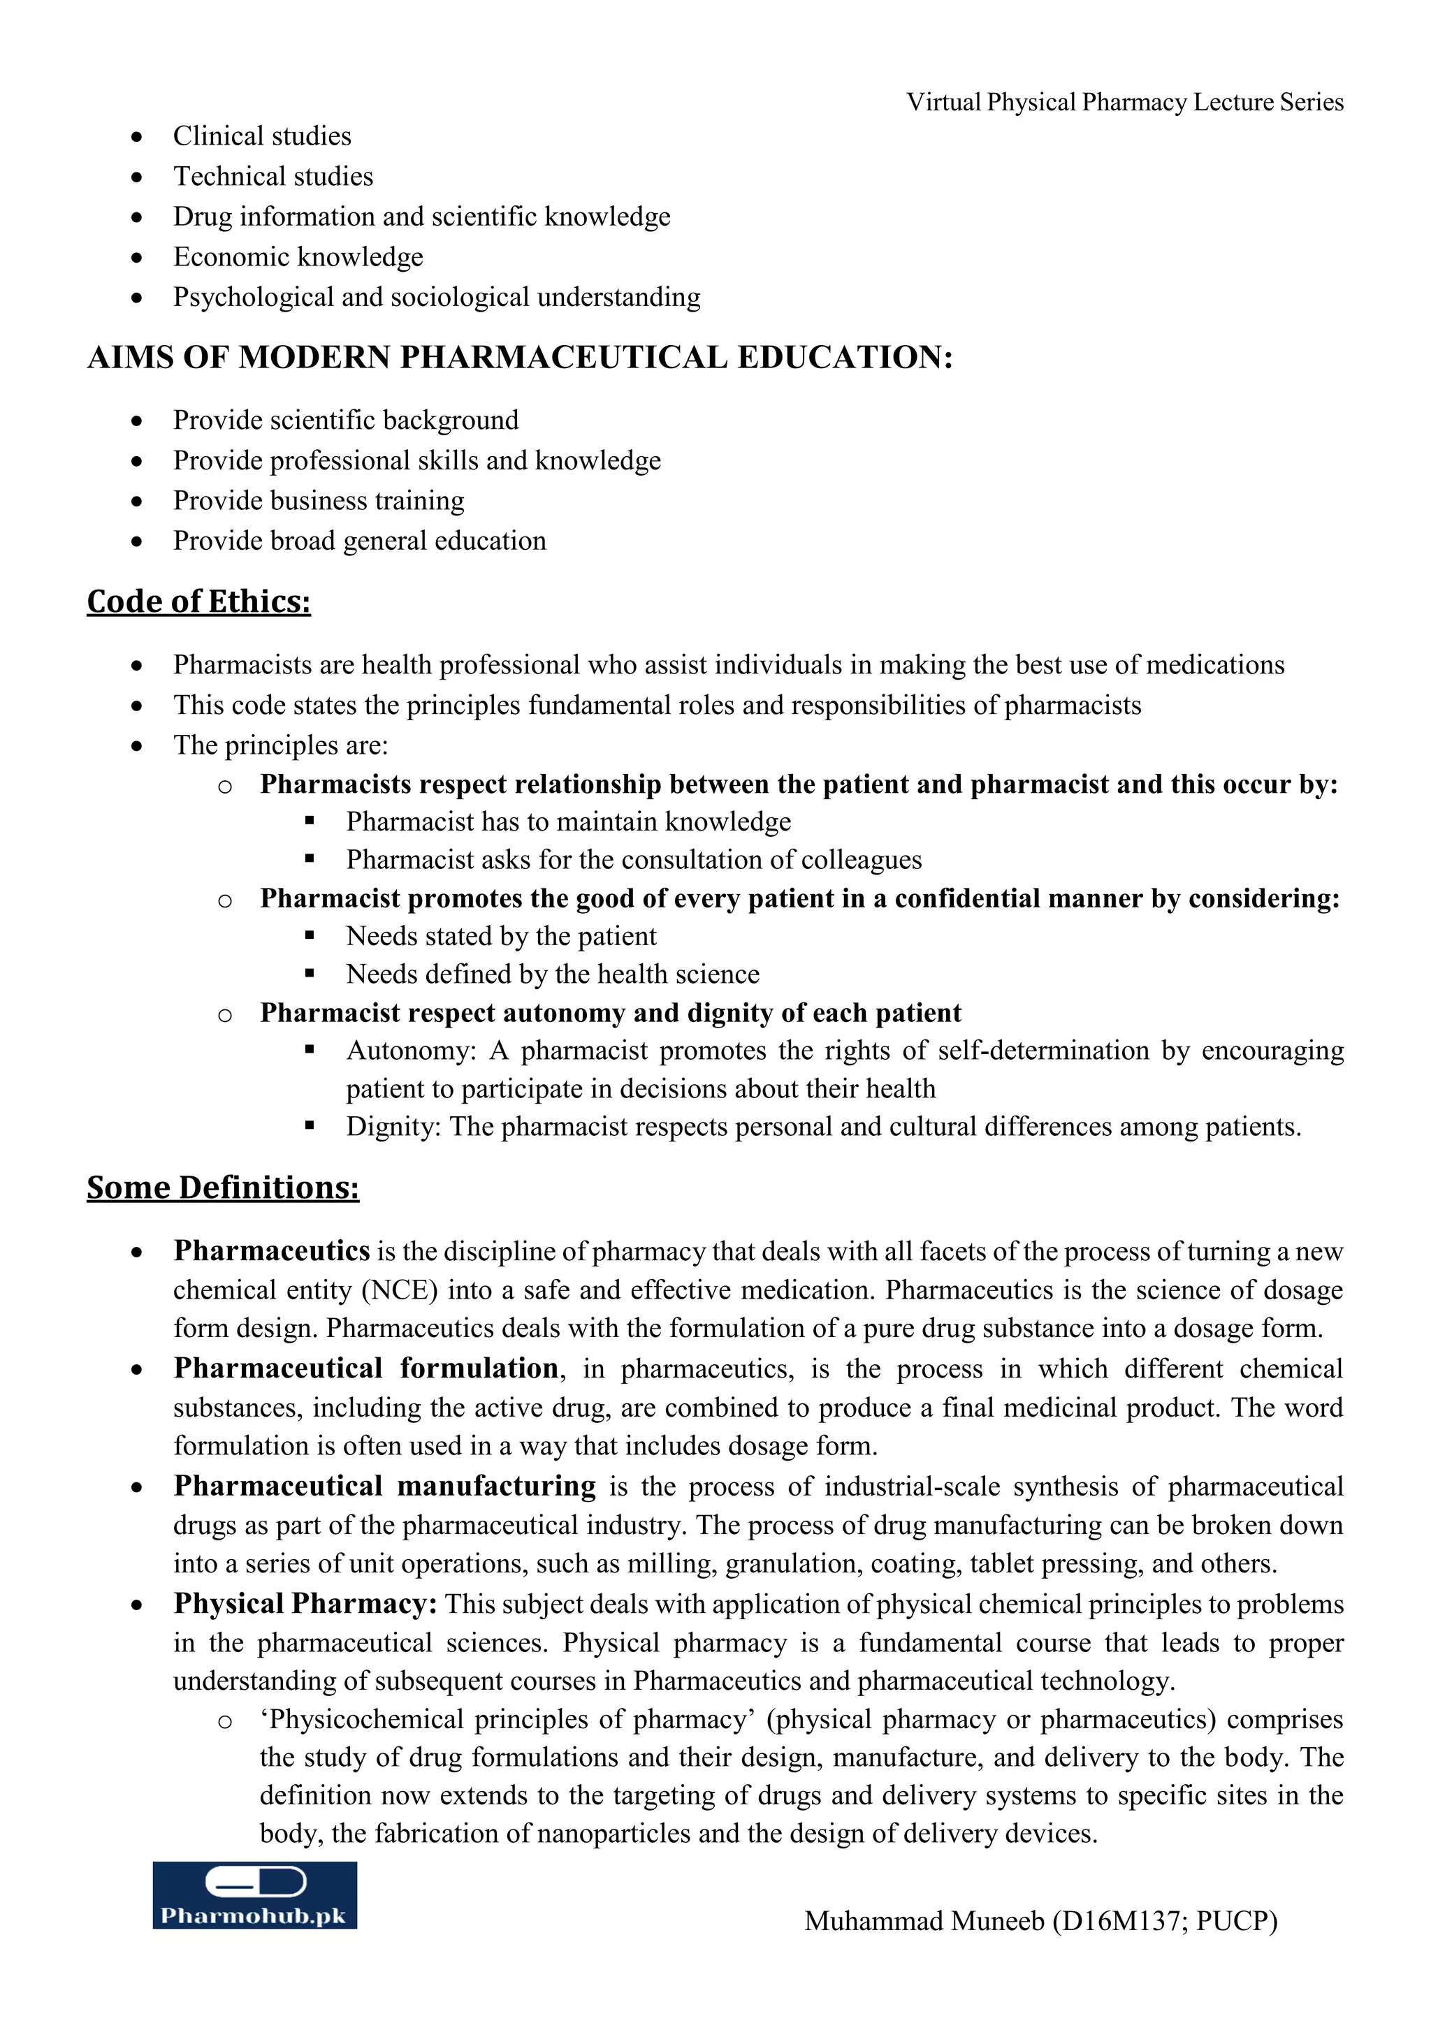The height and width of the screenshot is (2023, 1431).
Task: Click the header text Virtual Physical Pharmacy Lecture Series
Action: (1124, 102)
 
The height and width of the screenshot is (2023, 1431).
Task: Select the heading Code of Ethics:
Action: (198, 601)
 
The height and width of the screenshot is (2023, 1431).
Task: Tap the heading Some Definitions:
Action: (222, 1187)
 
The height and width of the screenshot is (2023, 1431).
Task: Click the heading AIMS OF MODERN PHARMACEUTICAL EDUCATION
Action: (519, 358)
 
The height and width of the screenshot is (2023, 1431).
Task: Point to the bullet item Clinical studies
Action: (262, 136)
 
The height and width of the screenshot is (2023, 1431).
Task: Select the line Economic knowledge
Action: (298, 256)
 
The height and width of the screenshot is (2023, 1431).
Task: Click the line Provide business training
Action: (318, 500)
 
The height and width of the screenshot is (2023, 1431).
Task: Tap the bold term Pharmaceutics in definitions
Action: (271, 1250)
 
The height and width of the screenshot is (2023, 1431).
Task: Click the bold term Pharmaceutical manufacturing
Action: (384, 1486)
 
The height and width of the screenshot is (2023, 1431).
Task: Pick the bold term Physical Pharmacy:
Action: (305, 1604)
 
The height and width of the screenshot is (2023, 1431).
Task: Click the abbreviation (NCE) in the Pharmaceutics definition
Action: (399, 1290)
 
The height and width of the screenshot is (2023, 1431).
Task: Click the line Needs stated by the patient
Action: (500, 936)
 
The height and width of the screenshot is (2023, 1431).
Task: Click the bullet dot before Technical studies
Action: (136, 177)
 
